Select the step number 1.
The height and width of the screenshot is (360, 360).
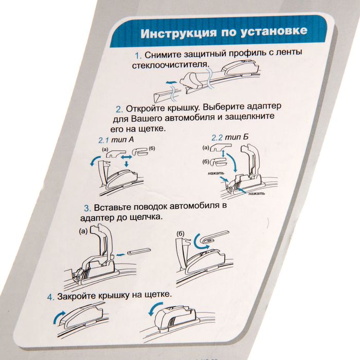coord(138,56)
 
